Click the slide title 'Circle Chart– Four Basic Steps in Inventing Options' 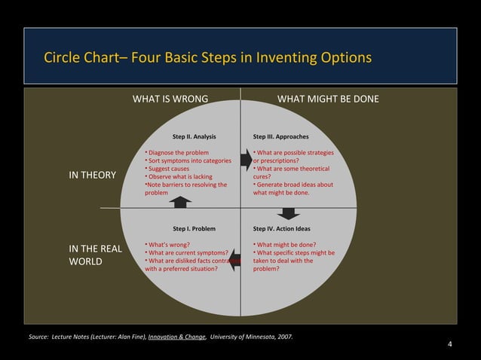[207, 58]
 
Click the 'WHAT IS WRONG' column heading [170, 99]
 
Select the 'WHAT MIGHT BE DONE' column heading [328, 99]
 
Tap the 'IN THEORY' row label [93, 175]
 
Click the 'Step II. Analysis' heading [194, 137]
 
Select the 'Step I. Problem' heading [194, 228]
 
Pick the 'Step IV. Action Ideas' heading [282, 228]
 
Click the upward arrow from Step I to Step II [181, 201]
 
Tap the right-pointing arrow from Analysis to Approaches [247, 159]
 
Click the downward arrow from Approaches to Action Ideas [288, 213]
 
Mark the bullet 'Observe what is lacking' [181, 176]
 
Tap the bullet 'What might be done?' [286, 244]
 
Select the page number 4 [449, 345]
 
